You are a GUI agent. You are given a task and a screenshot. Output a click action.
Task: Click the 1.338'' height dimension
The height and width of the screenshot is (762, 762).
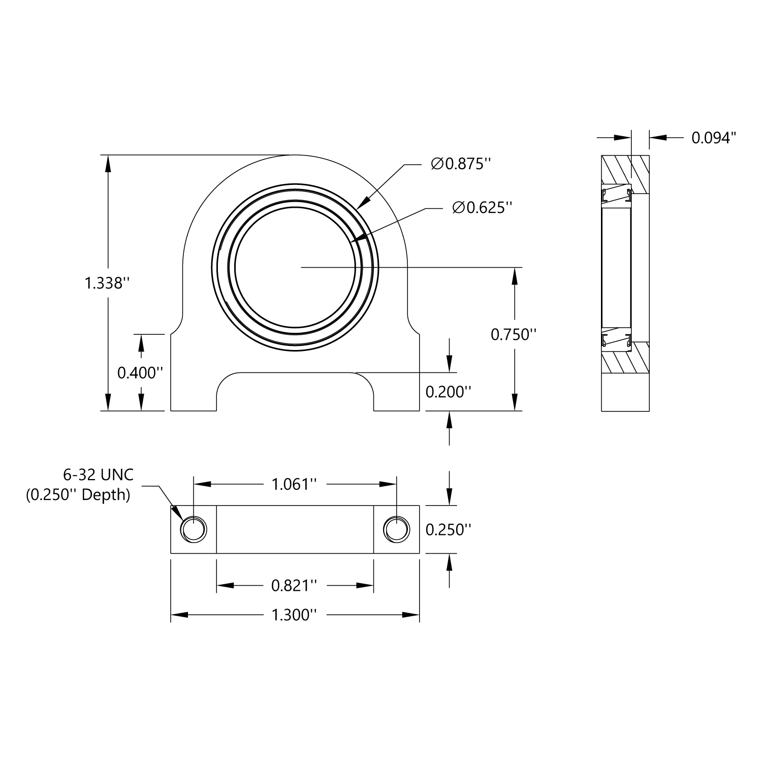[x=104, y=283]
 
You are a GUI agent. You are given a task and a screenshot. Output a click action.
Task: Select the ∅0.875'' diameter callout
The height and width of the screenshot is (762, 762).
[x=461, y=164]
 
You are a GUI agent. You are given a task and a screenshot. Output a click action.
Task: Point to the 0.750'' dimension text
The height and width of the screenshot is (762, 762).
[x=514, y=334]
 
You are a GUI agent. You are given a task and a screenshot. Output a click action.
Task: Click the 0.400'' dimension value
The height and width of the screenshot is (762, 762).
[x=140, y=373]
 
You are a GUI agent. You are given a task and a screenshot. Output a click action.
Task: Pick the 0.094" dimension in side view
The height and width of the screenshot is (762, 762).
[x=714, y=138]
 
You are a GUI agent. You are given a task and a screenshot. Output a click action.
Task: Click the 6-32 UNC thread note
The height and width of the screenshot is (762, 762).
[x=98, y=475]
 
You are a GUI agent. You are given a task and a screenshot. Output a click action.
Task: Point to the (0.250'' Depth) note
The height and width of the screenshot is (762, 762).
[x=78, y=494]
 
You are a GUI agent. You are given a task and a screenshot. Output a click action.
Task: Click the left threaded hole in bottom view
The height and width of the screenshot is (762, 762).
[x=194, y=530]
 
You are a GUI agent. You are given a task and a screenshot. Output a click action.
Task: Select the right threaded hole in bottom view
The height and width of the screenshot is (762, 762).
[x=396, y=530]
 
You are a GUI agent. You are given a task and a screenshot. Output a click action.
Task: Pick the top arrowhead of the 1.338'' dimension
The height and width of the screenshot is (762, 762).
[x=107, y=163]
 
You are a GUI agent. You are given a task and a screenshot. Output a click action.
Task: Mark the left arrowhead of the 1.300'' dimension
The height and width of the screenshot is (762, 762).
[x=178, y=615]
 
